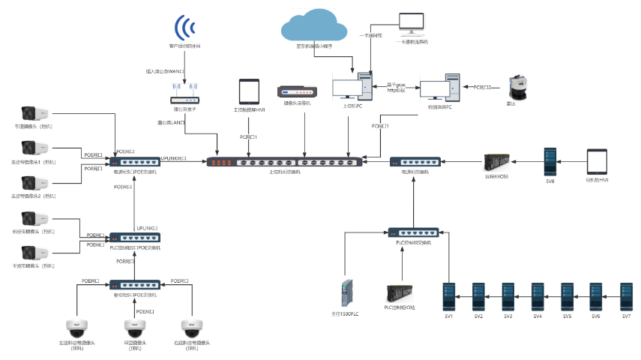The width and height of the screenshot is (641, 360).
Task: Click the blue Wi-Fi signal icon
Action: click(x=184, y=28)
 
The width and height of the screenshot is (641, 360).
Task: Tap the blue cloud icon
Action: click(x=314, y=28)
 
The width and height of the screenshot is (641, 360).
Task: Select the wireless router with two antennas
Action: click(x=184, y=96)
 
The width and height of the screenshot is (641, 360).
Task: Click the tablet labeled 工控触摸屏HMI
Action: click(x=249, y=91)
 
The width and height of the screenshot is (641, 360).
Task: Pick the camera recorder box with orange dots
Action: click(x=292, y=91)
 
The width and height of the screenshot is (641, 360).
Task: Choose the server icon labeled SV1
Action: click(x=449, y=296)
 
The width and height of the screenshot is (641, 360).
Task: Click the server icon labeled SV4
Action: click(x=538, y=296)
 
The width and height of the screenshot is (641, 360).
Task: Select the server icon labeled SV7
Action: click(x=626, y=296)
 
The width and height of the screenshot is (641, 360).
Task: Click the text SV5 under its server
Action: click(x=567, y=317)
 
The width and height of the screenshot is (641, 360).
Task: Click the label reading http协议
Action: click(x=396, y=91)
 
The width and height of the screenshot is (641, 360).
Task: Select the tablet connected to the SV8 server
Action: click(x=597, y=162)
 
